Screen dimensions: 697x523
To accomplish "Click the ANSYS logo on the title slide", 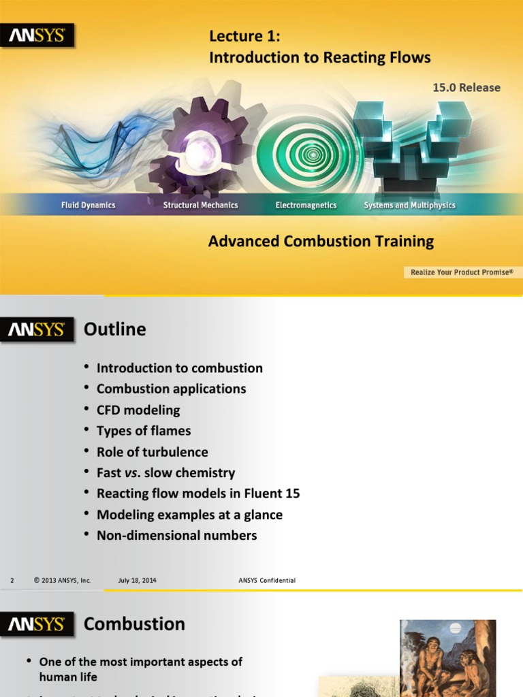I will pos(37,36).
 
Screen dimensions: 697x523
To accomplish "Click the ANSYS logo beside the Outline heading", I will pos(37,330).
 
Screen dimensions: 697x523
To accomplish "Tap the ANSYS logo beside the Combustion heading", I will pos(37,624).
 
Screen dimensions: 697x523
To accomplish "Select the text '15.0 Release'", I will pos(466,88).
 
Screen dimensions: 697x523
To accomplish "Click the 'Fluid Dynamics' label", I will pos(89,205).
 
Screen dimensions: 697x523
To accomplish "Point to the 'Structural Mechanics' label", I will pos(200,205).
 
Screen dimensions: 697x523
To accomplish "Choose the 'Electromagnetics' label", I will pos(306,205).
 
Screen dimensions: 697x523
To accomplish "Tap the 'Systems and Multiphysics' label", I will pos(409,205).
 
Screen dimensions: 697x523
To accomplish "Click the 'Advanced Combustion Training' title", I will pos(321,242).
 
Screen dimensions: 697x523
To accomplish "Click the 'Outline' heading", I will pos(114,329).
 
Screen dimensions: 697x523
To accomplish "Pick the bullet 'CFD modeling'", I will pos(138,410).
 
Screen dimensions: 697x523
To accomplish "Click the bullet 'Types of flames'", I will pos(144,431).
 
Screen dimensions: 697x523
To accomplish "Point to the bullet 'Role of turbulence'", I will pos(152,452).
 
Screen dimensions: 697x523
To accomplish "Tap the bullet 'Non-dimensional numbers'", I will pos(176,536).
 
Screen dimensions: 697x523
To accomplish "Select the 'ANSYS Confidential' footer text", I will pos(267,581).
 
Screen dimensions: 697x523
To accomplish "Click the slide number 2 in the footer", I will pos(12,581).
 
